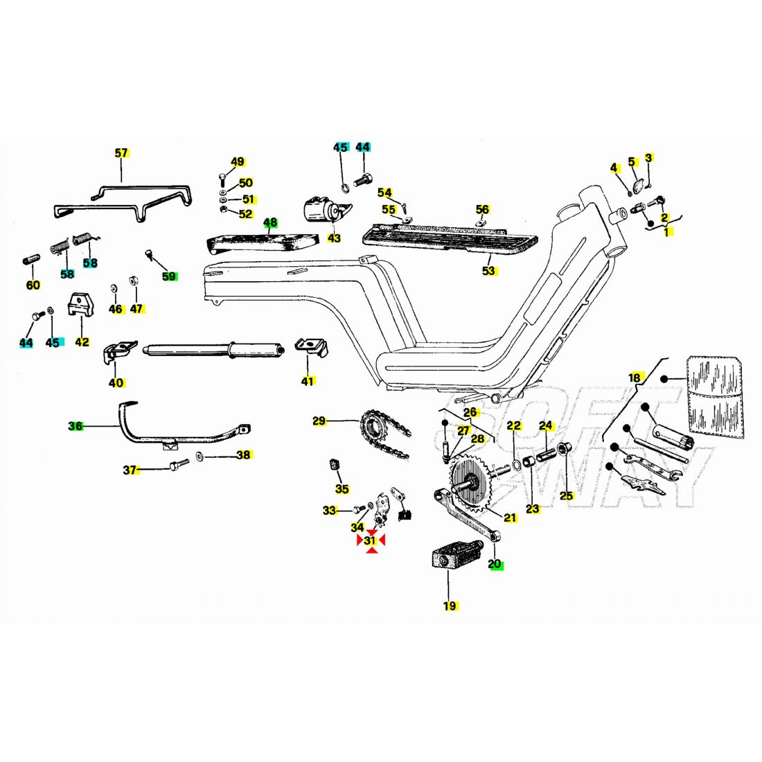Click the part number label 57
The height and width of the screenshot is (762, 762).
coord(121,153)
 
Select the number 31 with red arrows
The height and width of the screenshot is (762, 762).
coord(370,540)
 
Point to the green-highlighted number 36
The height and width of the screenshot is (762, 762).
coord(76,426)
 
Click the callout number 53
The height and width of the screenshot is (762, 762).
coord(489,271)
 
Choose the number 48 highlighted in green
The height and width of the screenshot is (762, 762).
coord(270,223)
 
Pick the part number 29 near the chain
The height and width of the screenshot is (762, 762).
coord(319,420)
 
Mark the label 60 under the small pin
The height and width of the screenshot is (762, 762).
coord(33,285)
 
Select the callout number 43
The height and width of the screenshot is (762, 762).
coord(335,238)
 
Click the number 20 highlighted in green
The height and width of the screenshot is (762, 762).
coord(495,564)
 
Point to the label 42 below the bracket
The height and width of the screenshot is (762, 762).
coord(82,342)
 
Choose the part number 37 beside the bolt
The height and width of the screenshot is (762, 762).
coord(130,470)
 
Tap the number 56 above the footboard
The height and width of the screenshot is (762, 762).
coord(482,209)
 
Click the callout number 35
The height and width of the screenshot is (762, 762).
coord(342,489)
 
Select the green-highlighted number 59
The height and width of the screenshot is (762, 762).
coord(169,276)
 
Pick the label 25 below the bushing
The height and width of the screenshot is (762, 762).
coord(567,495)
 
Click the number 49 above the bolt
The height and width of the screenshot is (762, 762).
coord(238,162)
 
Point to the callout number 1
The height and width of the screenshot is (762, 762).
coord(666,233)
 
